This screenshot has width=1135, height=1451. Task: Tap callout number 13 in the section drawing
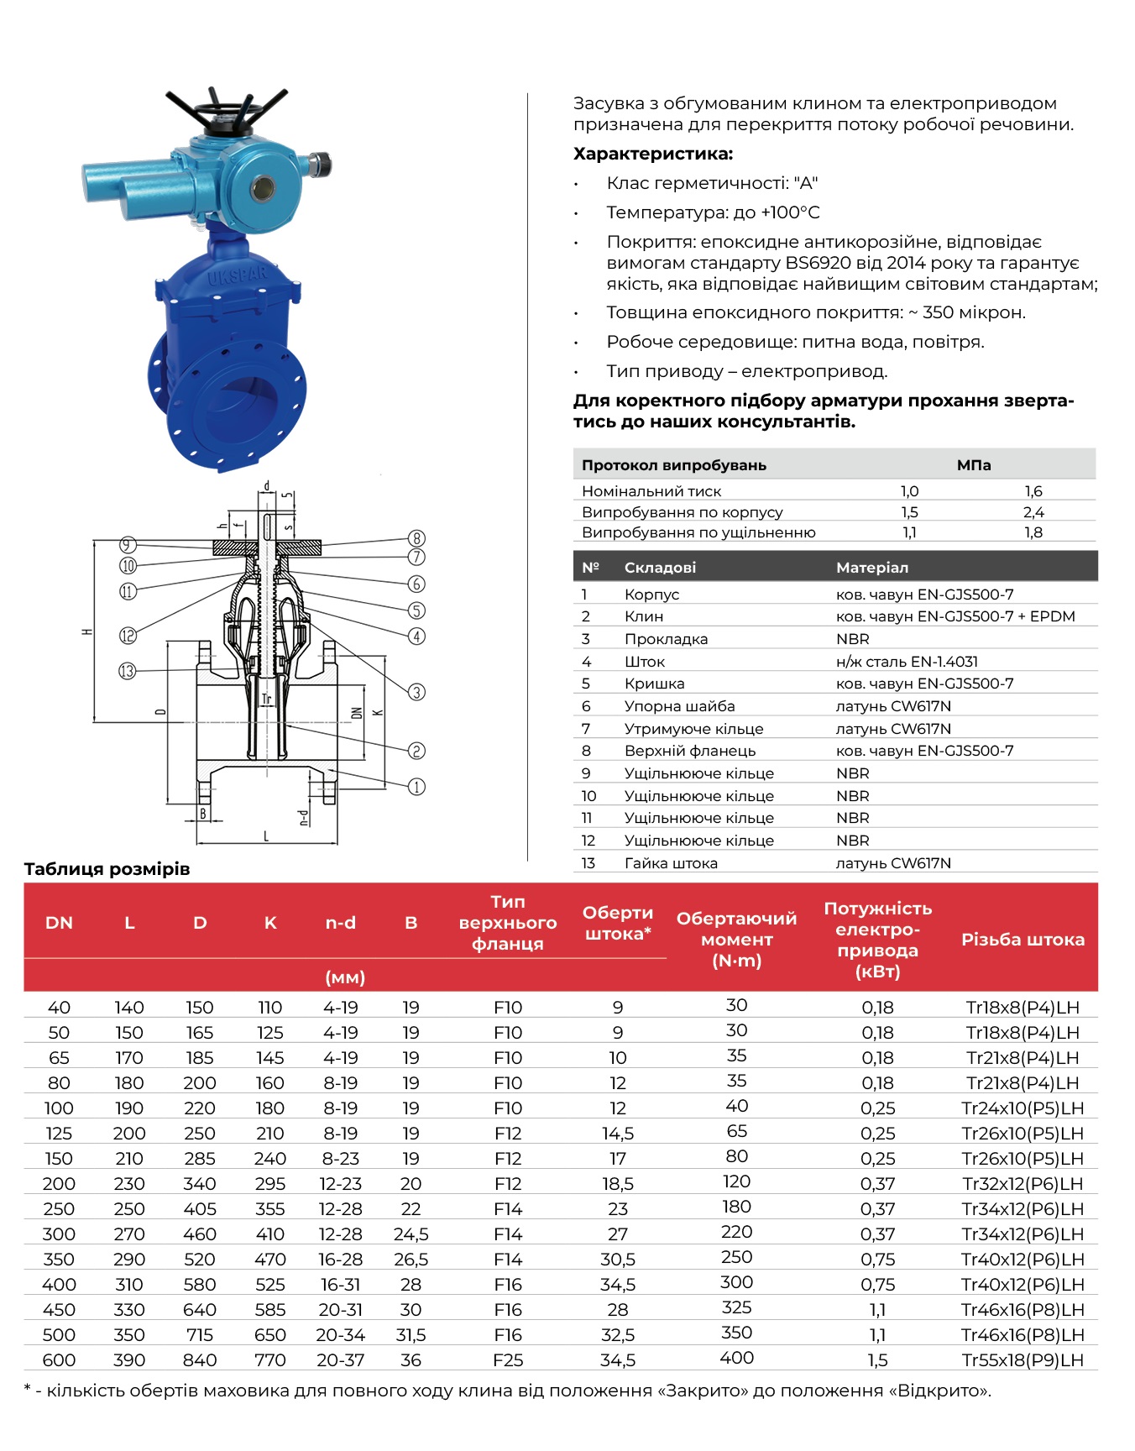pos(128,671)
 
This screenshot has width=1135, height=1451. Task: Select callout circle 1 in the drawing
pos(416,787)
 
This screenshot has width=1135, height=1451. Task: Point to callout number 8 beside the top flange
pos(416,538)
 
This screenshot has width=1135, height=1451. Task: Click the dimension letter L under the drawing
pos(266,836)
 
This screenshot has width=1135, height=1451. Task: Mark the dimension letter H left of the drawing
pos(86,631)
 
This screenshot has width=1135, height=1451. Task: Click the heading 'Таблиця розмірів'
pos(107,869)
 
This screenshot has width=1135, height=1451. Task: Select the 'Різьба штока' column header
pos(1023,940)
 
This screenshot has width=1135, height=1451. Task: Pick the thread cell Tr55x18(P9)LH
pos(1023,1360)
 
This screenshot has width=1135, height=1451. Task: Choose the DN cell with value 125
pos(59,1134)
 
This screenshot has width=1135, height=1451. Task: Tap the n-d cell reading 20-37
pos(340,1360)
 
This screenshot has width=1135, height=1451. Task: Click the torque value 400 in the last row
pos(736,1358)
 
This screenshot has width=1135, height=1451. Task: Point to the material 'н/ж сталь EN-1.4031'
pos(907,662)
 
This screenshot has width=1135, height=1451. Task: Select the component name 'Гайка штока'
pos(671,863)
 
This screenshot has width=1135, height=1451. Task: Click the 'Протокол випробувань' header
pos(673,465)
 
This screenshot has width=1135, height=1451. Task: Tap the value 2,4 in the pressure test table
pos(1033,512)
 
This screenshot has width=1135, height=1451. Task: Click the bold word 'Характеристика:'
pos(653,154)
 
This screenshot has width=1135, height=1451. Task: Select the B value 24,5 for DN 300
pos(411,1234)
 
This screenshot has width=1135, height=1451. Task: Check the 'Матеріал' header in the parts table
pos(871,568)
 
